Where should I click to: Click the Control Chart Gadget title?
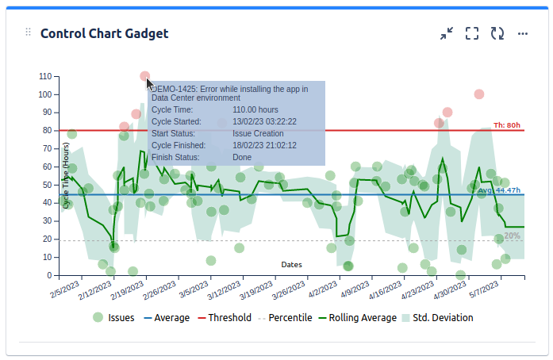[x=104, y=33]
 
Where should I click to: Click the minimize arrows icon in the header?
[x=447, y=33]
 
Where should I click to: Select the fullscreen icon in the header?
[x=472, y=33]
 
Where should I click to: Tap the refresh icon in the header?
[x=497, y=33]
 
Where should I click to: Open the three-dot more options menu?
[x=523, y=33]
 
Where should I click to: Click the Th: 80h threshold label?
[x=507, y=125]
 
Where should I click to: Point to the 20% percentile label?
[x=512, y=236]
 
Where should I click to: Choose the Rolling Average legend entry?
[x=357, y=318]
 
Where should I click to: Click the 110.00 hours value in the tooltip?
[x=255, y=109]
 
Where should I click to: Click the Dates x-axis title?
[x=291, y=264]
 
